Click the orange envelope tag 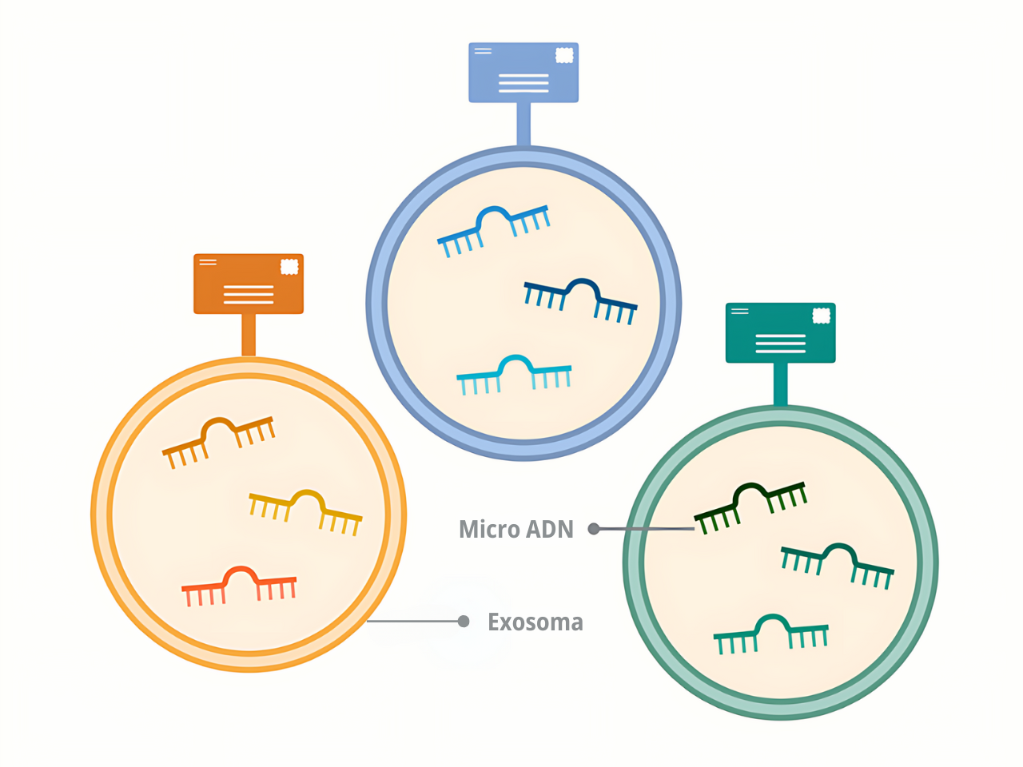249,284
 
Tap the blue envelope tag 523,73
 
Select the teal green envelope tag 781,332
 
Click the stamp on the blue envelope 564,55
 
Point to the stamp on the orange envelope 289,266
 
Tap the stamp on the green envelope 821,316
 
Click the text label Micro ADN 516,529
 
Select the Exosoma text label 535,622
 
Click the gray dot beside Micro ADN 594,529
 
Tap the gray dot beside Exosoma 464,622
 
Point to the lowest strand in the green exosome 771,633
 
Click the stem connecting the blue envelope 523,124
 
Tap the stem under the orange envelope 249,334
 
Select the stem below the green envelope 781,383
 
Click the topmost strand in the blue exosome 493,229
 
